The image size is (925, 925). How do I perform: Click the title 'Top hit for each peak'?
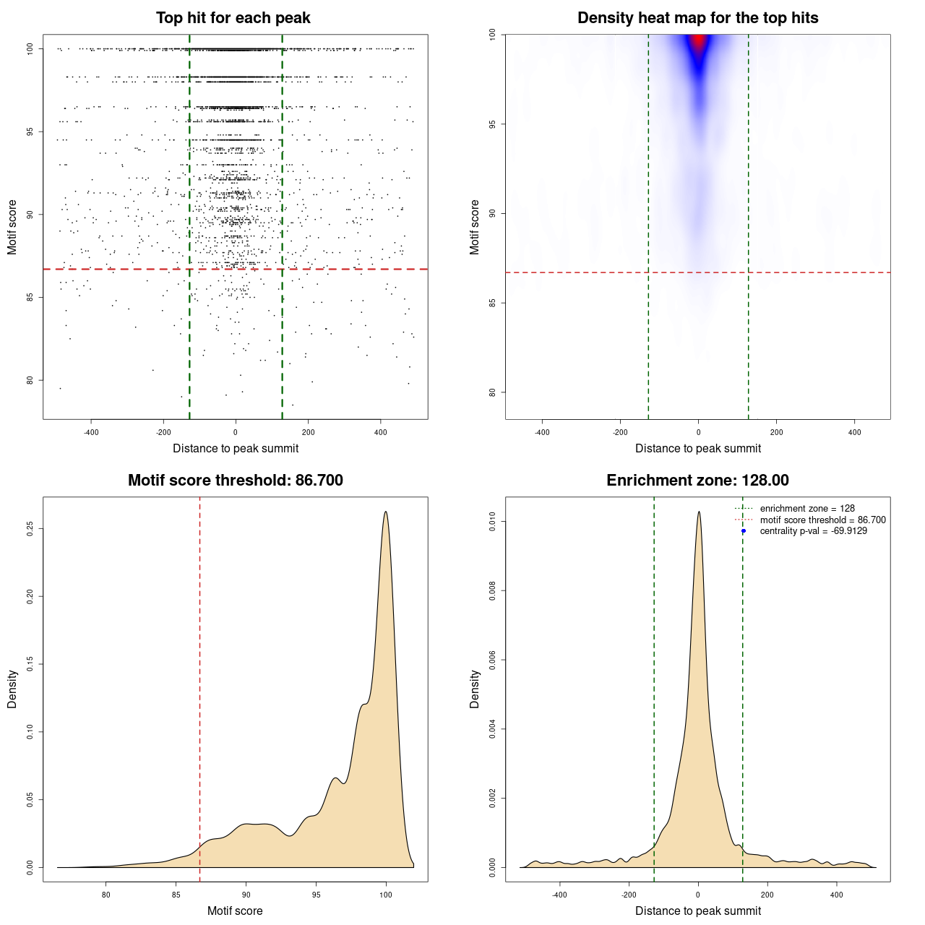[233, 18]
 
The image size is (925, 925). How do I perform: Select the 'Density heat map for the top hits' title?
[697, 18]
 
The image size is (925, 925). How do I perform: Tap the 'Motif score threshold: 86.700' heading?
[235, 481]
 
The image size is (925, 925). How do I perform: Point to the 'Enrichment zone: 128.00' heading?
[697, 481]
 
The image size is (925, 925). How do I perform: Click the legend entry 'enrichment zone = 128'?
[806, 509]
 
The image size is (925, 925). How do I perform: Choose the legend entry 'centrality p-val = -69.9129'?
[813, 531]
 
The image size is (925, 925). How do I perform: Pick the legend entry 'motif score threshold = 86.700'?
[822, 520]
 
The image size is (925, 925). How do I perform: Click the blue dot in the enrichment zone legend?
[744, 531]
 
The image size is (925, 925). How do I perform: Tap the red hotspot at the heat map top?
[698, 42]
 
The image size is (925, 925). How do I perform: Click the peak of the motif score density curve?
[386, 512]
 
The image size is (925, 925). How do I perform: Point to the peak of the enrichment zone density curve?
[699, 512]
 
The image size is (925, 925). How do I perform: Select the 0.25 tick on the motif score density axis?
[30, 529]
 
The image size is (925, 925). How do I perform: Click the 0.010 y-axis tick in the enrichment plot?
[492, 522]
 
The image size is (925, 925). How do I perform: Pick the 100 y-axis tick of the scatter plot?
[30, 49]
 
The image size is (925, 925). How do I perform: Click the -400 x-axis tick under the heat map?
[542, 432]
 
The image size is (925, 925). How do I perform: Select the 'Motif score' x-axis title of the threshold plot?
[235, 911]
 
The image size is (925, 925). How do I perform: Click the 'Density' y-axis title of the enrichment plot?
[475, 689]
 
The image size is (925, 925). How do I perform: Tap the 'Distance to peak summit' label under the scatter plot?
[236, 448]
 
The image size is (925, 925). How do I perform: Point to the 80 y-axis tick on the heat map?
[492, 392]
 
